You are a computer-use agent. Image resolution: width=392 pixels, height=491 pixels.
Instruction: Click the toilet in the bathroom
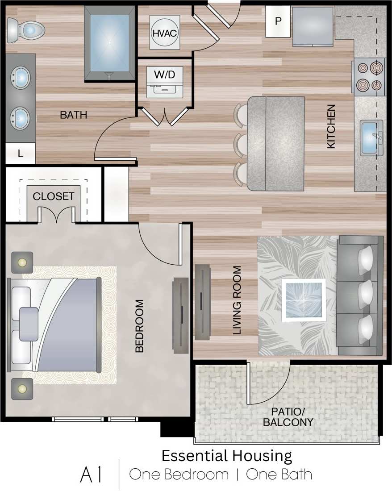point(27,30)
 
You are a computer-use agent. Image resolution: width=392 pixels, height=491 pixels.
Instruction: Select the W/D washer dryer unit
point(165,82)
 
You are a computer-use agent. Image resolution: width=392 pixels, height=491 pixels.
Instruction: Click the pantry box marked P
point(278,21)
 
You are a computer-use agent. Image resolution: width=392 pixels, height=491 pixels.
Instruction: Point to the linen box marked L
point(21,154)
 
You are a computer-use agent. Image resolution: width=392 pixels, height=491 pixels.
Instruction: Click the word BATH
point(74,115)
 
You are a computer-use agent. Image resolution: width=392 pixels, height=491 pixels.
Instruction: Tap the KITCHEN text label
point(331,126)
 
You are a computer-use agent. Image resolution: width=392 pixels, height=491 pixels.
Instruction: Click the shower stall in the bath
point(110,43)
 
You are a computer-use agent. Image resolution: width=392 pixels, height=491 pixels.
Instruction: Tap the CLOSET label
point(54,197)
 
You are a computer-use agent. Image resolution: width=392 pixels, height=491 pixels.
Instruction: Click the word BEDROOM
point(139,326)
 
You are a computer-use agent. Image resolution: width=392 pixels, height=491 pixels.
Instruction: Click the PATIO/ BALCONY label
point(288,416)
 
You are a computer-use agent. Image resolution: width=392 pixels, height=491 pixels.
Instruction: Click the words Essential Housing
point(226,456)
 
